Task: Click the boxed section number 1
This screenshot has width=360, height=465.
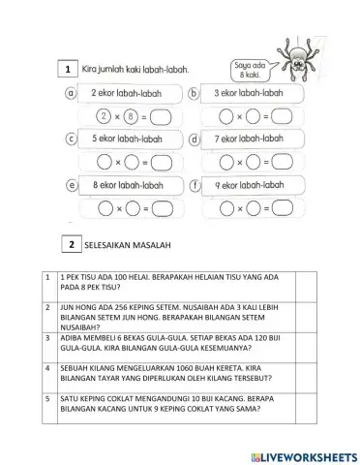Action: coord(67,70)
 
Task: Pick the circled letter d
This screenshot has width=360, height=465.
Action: coord(194,139)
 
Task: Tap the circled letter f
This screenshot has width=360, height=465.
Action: coord(194,184)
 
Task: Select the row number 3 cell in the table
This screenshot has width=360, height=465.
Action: coord(46,338)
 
